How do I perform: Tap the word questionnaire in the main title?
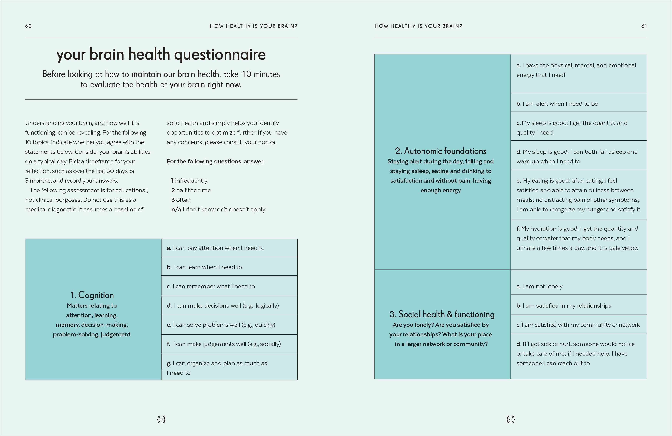click(220, 55)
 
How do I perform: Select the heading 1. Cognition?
click(92, 295)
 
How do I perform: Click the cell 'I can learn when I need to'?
click(229, 267)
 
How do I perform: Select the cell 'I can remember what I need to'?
click(229, 286)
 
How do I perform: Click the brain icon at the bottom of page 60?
click(161, 419)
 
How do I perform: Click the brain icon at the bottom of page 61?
click(511, 419)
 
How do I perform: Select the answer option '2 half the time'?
click(191, 190)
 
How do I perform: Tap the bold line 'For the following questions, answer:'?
click(216, 161)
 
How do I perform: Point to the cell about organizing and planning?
click(229, 368)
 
